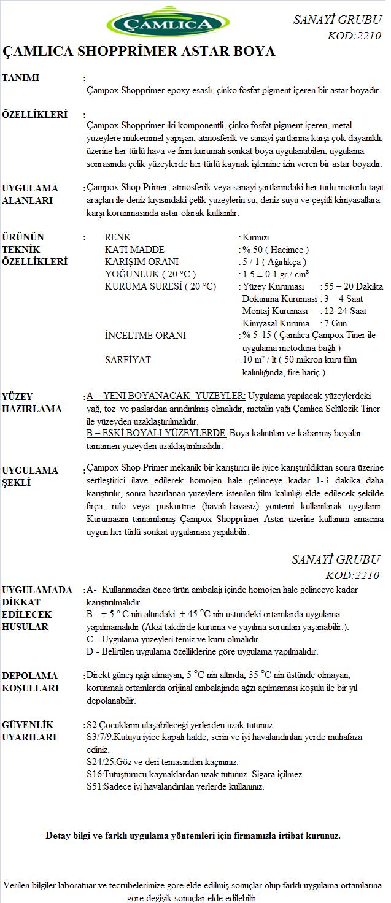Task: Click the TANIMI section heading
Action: pos(21,78)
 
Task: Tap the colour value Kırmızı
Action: pos(255,237)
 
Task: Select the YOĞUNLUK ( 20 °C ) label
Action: pos(150,274)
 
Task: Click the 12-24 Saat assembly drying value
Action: pos(347,311)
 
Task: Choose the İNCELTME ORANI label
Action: pos(145,336)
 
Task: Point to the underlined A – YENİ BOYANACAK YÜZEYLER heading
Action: pos(166,396)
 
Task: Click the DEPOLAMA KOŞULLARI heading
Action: pos(30,682)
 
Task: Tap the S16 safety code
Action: pos(95,774)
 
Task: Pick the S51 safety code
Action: pos(95,786)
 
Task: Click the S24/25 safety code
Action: pos(99,762)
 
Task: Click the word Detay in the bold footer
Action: pos(58,836)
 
